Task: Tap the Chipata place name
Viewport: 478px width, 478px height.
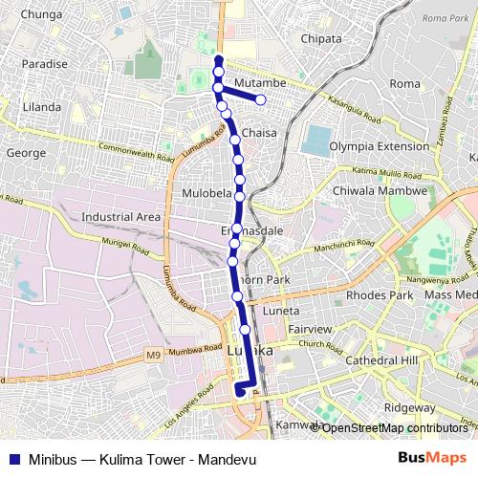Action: click(321, 38)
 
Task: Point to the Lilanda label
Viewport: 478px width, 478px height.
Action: click(41, 105)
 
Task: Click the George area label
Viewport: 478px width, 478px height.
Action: click(26, 152)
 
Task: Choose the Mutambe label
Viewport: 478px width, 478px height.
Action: click(254, 82)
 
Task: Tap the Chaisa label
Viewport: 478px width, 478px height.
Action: click(259, 132)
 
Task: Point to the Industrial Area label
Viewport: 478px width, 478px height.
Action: click(120, 217)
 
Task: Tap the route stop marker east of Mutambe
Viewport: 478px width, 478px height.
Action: click(261, 99)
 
